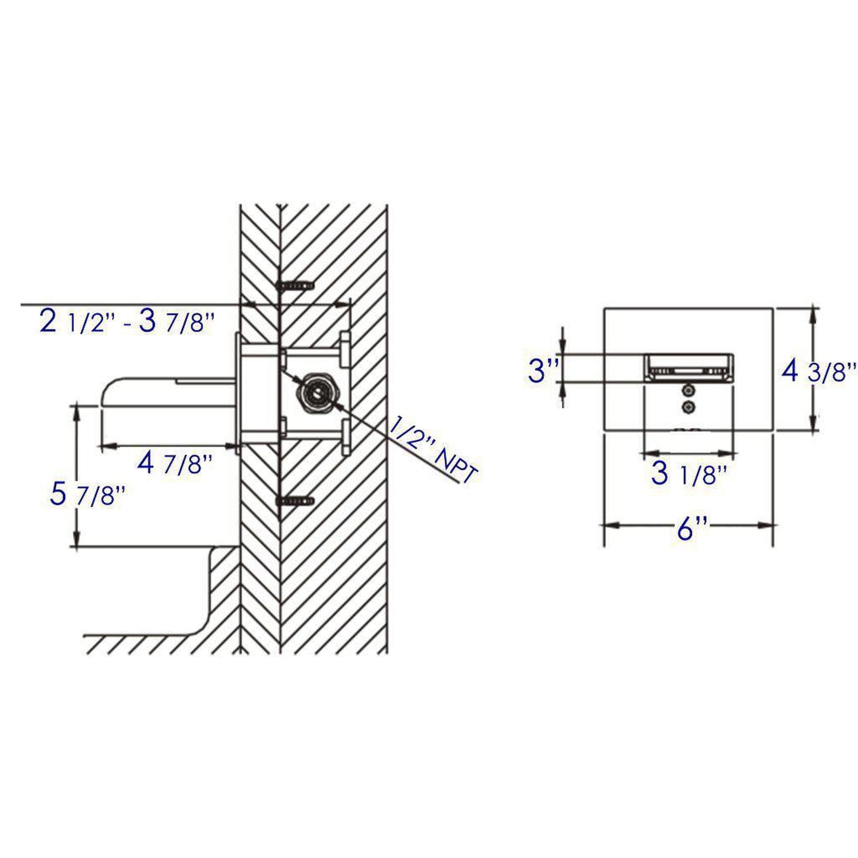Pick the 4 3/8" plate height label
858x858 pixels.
coord(818,372)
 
